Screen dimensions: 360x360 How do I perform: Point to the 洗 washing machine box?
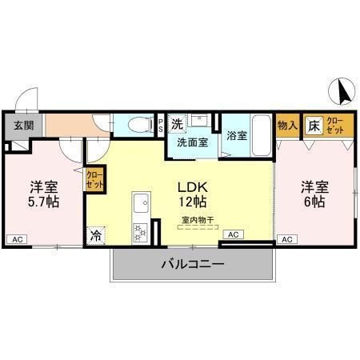(177, 123)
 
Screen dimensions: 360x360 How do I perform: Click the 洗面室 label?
(193, 143)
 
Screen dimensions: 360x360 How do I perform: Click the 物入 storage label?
(287, 125)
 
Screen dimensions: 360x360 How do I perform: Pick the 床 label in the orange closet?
(314, 125)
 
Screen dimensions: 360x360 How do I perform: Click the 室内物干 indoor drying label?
(197, 218)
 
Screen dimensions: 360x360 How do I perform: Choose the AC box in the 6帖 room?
(288, 238)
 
